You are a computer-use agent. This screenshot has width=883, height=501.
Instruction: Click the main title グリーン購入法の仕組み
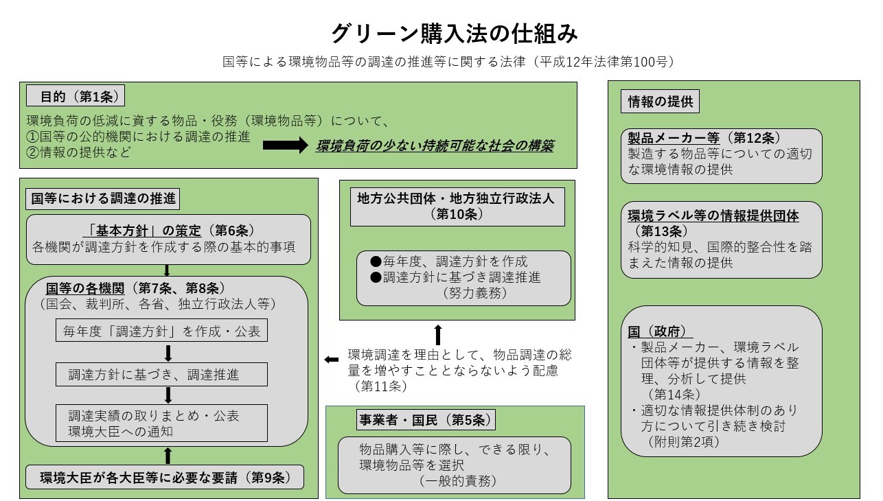coord(454,32)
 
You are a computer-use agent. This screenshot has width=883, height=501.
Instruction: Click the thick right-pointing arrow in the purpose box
coord(285,145)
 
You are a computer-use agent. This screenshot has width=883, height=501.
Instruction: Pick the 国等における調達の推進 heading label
coord(103,200)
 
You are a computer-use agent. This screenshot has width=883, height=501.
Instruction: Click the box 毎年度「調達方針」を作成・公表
coord(161,331)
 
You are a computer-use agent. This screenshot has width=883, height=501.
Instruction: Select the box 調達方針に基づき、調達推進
coord(161,375)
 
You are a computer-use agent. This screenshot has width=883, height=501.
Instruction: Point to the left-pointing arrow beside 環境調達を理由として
coord(331,360)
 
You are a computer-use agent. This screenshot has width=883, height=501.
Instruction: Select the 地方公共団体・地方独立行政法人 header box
coord(457,206)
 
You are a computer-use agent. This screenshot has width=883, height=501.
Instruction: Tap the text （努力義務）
coord(474,293)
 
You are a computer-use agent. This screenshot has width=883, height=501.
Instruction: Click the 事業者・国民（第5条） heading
coord(425,420)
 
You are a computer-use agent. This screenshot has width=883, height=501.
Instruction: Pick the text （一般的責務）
coord(459,480)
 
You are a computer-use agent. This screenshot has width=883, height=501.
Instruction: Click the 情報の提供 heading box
coord(660,102)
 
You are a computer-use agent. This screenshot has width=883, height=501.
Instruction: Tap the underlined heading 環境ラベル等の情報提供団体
coord(713,215)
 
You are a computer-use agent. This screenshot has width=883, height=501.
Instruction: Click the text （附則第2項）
coord(683,442)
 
